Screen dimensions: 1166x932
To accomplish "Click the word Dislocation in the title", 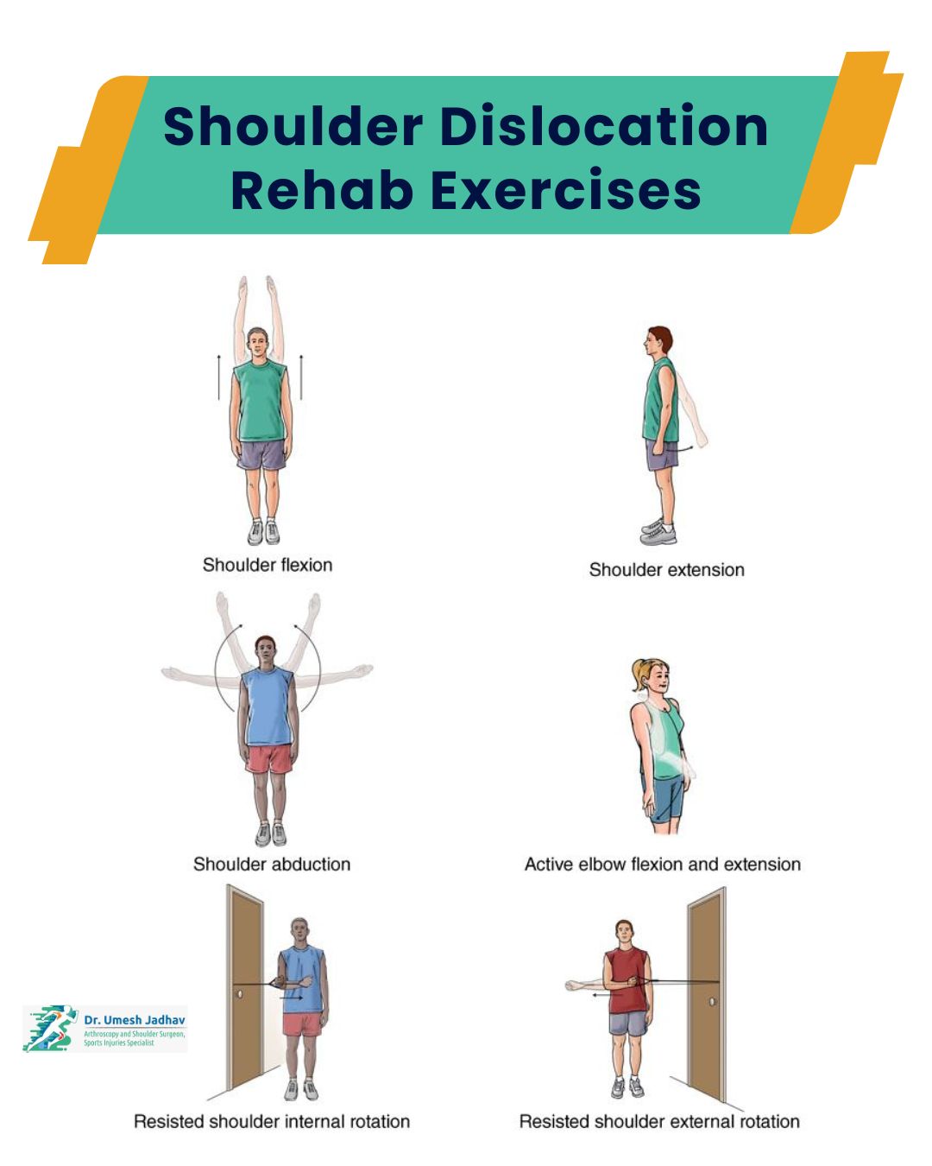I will [604, 126].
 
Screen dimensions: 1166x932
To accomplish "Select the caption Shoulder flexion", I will [267, 565].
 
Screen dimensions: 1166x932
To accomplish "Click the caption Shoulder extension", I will [666, 570].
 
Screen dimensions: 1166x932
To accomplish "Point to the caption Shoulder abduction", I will [271, 865].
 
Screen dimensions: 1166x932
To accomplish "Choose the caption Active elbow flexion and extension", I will [662, 865].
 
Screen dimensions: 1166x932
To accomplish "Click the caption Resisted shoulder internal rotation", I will [271, 1122].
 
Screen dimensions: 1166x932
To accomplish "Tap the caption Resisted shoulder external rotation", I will [658, 1122].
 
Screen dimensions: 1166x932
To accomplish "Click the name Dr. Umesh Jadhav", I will [134, 1020].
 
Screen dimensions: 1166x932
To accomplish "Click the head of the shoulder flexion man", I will [257, 343].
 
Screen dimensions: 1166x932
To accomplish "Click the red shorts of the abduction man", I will [269, 759].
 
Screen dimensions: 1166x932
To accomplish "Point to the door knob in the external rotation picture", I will [712, 1001].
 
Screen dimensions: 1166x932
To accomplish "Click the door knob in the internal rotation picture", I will [240, 994].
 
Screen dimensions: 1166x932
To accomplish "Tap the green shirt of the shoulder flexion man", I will [259, 402].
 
